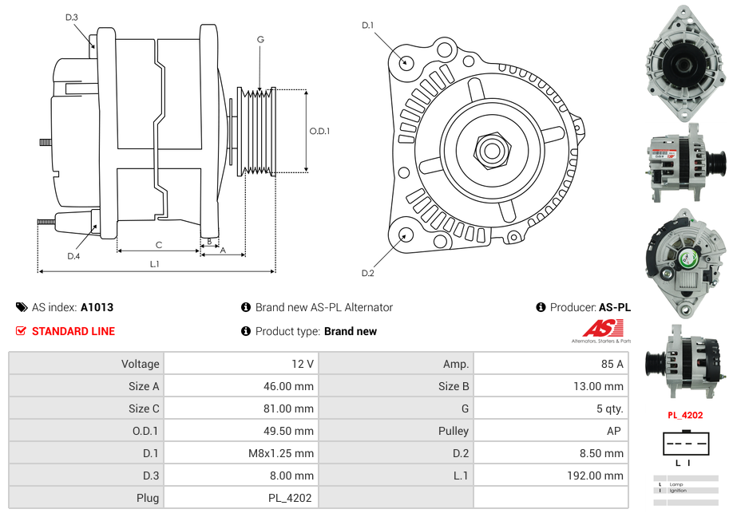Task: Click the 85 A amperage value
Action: pos(612,364)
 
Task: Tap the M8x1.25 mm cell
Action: pos(281,453)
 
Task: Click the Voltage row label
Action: pos(140,364)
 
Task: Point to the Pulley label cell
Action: pos(454,431)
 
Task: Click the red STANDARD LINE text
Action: pos(73,331)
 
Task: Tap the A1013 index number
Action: pos(97,307)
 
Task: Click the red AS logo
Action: pos(602,328)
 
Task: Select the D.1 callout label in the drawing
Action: pos(367,26)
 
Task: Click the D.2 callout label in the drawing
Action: pos(367,274)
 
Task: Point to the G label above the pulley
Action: pos(260,39)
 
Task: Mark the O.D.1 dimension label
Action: pos(319,131)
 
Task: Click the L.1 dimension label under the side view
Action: pos(154,264)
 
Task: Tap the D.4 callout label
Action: pos(73,256)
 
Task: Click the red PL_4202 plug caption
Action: pos(684,415)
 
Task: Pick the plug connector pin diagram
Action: pos(684,444)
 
